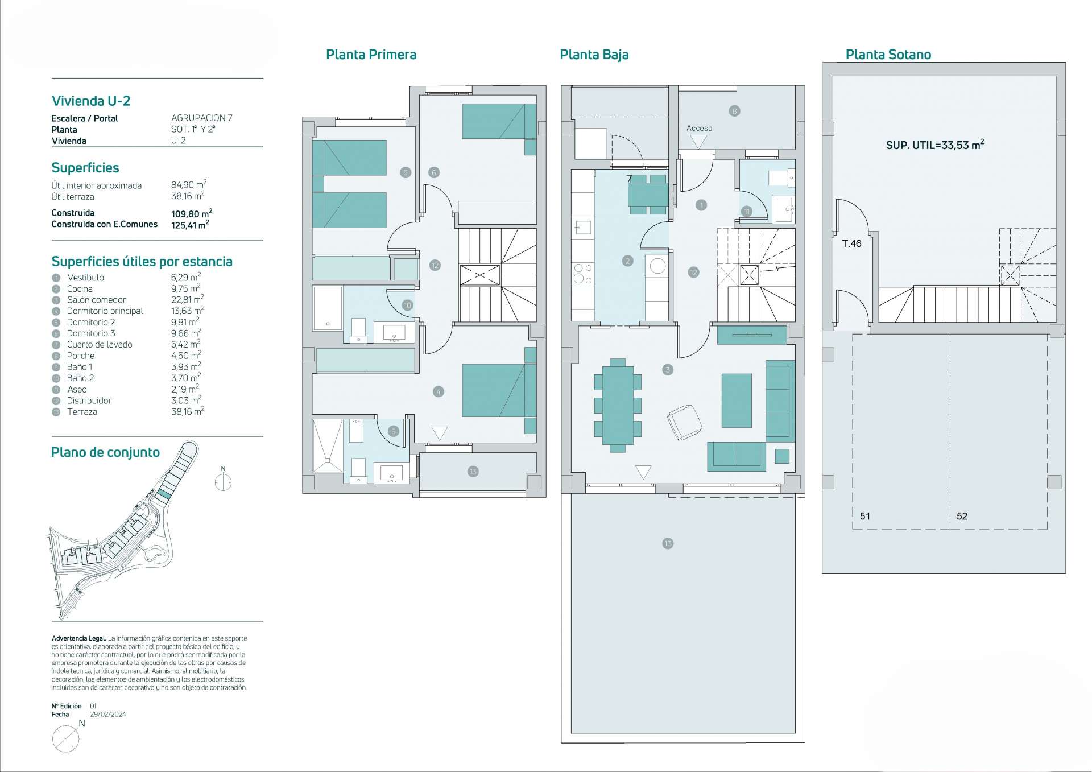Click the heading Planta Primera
tap(371, 55)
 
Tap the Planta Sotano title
tap(888, 55)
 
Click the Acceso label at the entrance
tap(699, 128)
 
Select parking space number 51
tap(864, 516)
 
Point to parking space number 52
tap(962, 516)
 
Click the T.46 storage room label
tap(851, 243)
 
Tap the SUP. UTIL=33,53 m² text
tap(935, 145)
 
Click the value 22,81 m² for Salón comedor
tap(188, 299)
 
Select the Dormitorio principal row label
tap(105, 311)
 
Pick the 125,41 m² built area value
tap(190, 224)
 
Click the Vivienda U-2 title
tap(91, 101)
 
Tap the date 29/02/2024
tap(108, 714)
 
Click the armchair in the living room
tap(684, 422)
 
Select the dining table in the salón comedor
tap(618, 405)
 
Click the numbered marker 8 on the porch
tap(734, 111)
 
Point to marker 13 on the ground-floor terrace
tap(668, 543)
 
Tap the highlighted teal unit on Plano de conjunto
tap(164, 494)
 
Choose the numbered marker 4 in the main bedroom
tap(438, 391)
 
